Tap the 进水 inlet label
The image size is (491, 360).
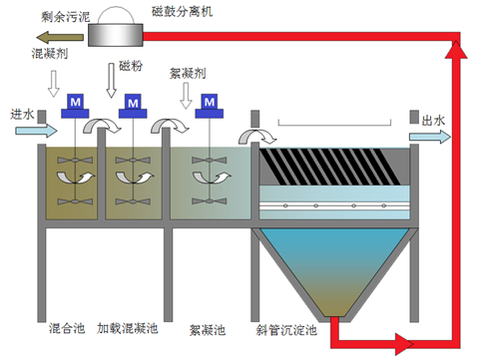[22, 113]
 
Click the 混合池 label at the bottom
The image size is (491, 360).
[66, 328]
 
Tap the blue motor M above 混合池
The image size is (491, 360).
[74, 104]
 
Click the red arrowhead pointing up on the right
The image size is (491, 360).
[458, 58]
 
